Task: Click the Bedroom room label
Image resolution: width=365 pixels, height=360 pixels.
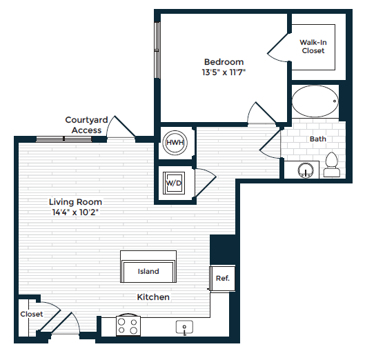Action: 224,61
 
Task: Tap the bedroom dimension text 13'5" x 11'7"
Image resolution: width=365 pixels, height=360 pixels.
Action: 224,72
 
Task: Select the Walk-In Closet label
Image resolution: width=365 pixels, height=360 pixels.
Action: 312,46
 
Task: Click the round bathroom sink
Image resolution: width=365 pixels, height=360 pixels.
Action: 306,169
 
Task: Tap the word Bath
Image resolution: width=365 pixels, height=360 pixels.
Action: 317,139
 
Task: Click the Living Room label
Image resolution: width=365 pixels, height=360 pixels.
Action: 75,202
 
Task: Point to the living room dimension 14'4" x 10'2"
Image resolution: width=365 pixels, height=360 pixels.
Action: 75,212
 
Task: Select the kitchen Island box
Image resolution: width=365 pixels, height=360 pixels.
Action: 148,271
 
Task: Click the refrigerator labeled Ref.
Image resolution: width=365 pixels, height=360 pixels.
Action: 222,279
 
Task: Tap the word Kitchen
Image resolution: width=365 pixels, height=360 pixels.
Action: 153,297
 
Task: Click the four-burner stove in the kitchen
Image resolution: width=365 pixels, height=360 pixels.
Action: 128,325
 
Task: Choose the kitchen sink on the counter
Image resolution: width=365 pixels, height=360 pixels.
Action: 185,326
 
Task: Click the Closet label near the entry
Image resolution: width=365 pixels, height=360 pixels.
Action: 31,314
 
